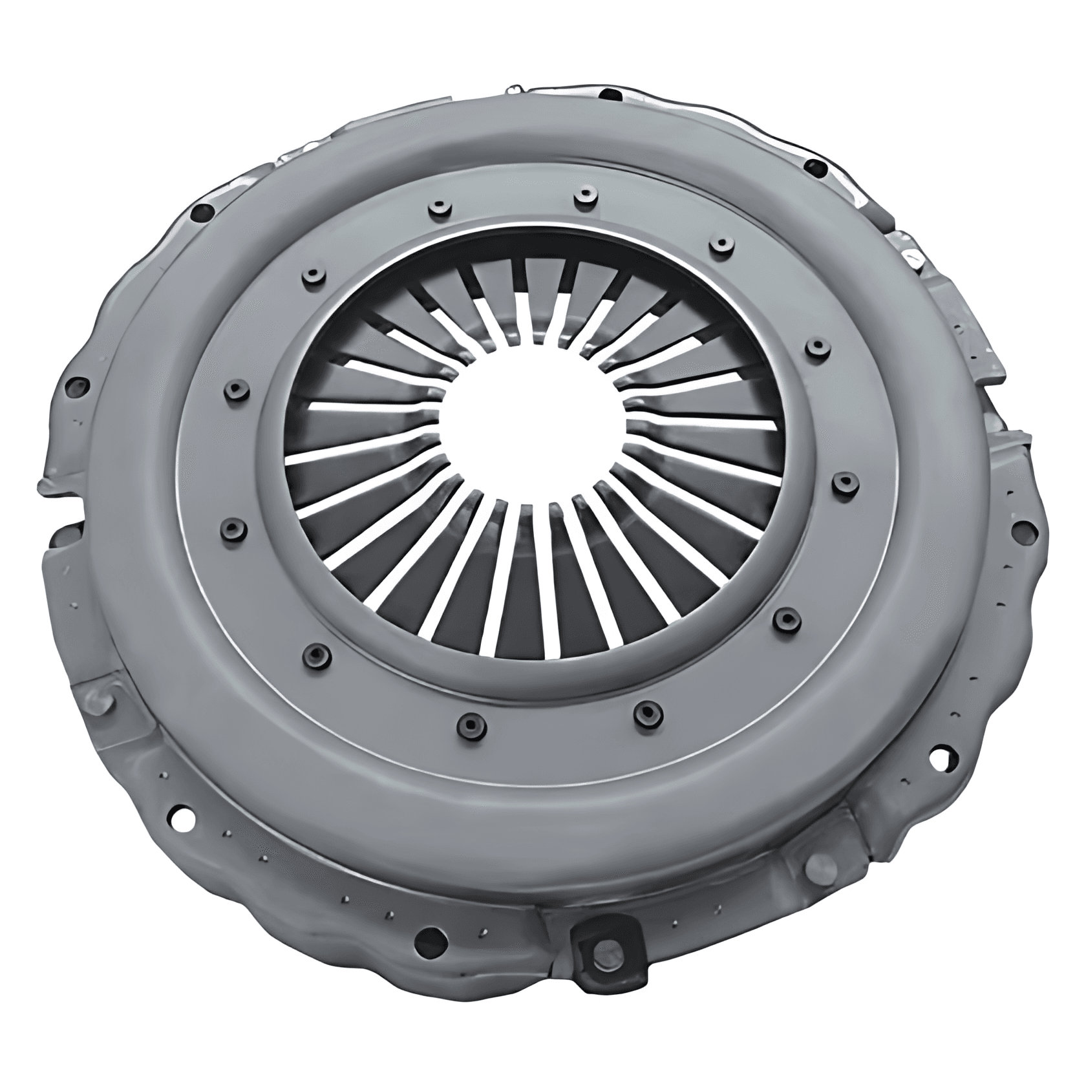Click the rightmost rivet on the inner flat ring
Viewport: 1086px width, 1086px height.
(x=844, y=481)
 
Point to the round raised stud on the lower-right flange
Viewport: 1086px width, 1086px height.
(x=819, y=867)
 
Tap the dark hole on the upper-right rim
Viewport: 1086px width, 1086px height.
(x=816, y=169)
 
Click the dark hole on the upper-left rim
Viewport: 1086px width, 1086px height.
(x=204, y=210)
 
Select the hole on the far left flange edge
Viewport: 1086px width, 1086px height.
(x=80, y=387)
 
